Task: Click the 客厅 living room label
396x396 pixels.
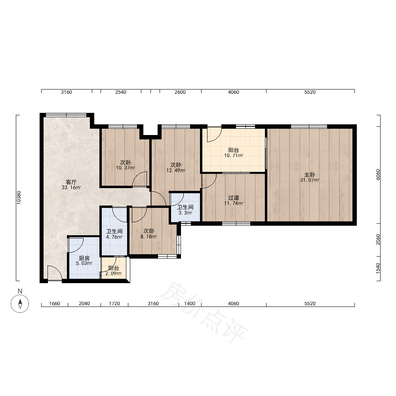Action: click(71, 182)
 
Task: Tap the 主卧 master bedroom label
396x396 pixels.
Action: click(310, 175)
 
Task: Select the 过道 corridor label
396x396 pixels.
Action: click(234, 198)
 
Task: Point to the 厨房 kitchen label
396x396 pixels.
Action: click(84, 258)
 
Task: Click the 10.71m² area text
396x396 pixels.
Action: click(234, 156)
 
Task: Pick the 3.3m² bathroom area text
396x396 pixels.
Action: click(185, 213)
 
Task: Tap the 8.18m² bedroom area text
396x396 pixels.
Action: click(149, 237)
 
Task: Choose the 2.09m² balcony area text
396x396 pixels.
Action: click(113, 274)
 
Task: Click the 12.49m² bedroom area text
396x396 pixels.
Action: click(176, 170)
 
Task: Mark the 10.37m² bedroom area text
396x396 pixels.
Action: click(126, 168)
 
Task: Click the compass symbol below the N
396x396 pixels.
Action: click(20, 304)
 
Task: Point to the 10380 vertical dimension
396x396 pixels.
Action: click(19, 198)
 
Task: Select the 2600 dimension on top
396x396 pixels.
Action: click(180, 92)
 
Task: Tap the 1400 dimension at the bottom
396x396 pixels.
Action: click(190, 304)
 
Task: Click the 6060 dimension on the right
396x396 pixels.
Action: click(378, 175)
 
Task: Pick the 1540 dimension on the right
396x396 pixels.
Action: click(378, 268)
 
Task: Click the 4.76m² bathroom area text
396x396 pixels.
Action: click(114, 237)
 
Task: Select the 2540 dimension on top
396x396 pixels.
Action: click(121, 92)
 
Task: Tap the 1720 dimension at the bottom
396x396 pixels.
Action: click(114, 304)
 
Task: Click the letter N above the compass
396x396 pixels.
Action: click(20, 291)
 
